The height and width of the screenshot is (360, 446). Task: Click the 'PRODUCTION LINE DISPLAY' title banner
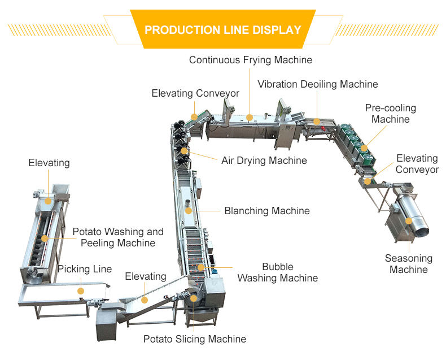click(222, 29)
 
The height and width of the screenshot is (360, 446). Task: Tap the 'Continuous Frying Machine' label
click(250, 59)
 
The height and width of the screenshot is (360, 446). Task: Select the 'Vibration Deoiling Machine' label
click(317, 84)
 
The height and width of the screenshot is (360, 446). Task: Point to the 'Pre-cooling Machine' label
click(390, 114)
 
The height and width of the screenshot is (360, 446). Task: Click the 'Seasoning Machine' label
click(408, 264)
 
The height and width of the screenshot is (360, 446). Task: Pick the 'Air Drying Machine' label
click(264, 161)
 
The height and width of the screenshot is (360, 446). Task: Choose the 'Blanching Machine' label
click(266, 211)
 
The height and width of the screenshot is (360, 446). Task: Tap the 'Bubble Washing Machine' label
click(277, 272)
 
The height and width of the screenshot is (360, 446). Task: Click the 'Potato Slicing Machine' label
click(194, 339)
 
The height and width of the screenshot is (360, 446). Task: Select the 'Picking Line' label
click(85, 269)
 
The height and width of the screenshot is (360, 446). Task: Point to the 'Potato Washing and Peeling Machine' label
click(117, 237)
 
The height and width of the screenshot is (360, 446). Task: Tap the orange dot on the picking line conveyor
click(81, 290)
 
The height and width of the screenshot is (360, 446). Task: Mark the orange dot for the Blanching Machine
click(188, 210)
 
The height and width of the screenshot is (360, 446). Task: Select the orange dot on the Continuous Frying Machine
click(250, 117)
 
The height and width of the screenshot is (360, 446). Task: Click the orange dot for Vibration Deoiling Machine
click(317, 121)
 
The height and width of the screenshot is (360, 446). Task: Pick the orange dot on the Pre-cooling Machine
click(364, 148)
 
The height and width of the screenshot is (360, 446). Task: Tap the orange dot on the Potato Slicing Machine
click(194, 298)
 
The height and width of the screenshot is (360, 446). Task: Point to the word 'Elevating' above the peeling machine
click(49, 163)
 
